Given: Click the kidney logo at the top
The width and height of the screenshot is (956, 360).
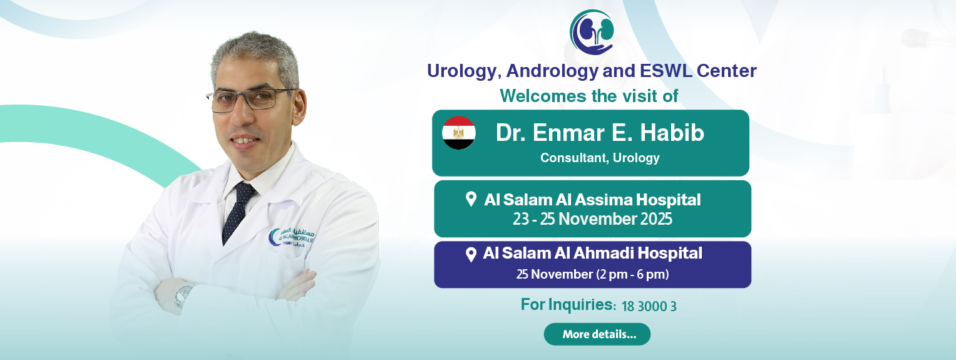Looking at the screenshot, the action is pyautogui.click(x=592, y=33).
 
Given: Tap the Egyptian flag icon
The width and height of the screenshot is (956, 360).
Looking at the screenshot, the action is pyautogui.click(x=459, y=133).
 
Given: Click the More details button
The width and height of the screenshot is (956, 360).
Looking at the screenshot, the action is pyautogui.click(x=597, y=334).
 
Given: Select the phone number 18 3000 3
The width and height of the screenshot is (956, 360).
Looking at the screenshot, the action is pyautogui.click(x=649, y=306).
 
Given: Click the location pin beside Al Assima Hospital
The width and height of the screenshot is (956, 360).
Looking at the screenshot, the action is pyautogui.click(x=471, y=199).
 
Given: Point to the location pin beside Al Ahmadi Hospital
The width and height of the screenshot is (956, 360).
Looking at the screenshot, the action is pyautogui.click(x=471, y=255).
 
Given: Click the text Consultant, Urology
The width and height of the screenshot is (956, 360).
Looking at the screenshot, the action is pyautogui.click(x=600, y=158).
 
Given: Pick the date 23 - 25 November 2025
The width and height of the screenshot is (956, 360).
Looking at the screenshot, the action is pyautogui.click(x=592, y=219).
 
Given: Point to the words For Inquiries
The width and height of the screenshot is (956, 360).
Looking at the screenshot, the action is pyautogui.click(x=568, y=304).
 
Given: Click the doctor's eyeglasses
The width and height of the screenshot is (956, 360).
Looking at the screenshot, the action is pyautogui.click(x=252, y=100).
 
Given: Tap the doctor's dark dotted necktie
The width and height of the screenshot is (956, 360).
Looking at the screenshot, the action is pyautogui.click(x=238, y=212).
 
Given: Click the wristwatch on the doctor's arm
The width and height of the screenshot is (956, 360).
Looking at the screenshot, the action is pyautogui.click(x=184, y=297).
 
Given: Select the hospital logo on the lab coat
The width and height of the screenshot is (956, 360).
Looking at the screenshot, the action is pyautogui.click(x=292, y=238).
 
